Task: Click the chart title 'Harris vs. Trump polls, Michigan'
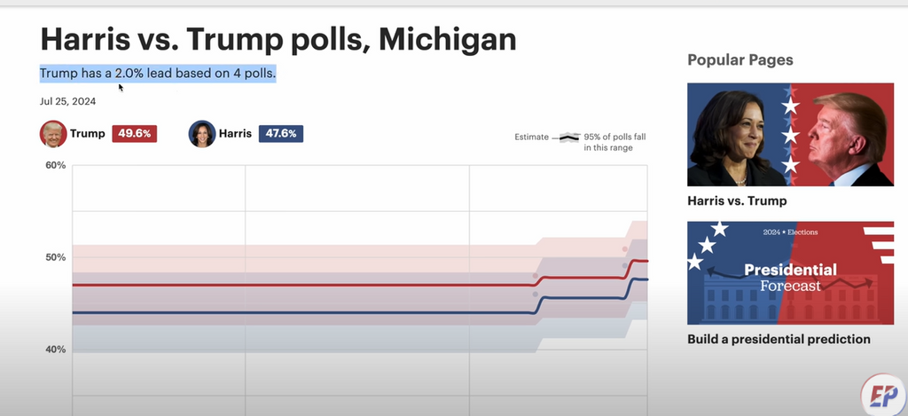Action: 278,39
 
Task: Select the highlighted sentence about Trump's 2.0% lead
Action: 158,73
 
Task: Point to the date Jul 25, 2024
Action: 67,101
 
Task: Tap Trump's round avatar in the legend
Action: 53,134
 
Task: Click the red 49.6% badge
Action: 134,134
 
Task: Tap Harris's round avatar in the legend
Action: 202,134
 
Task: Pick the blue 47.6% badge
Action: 281,134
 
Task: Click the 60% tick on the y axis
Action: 56,166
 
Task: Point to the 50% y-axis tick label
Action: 56,257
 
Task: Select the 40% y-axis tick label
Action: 56,349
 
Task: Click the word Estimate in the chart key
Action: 532,137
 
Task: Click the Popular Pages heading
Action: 740,59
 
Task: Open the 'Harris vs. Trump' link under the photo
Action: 737,201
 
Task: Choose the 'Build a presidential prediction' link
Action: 779,339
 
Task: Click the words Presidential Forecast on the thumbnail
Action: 790,277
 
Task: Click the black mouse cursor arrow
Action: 121,87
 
